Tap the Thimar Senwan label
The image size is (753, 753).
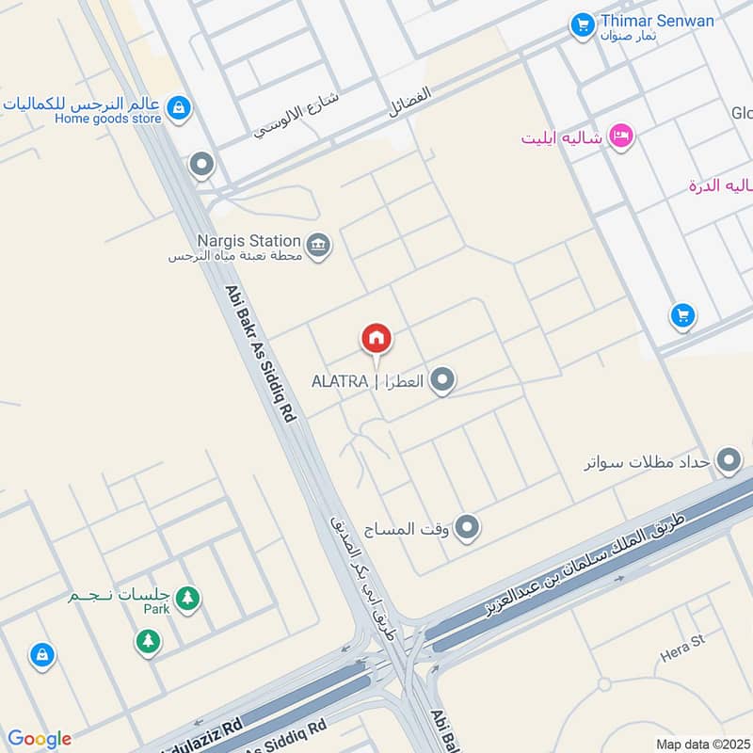[x=657, y=21]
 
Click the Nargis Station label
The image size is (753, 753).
[x=248, y=241]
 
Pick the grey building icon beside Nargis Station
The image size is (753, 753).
[x=319, y=247]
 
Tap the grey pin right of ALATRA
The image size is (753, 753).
[x=443, y=381]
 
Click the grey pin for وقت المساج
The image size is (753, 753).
[x=467, y=528]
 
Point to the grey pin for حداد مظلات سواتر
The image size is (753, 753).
[x=729, y=461]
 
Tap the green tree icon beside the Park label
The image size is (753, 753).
[x=188, y=597]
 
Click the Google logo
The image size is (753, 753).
[x=39, y=739]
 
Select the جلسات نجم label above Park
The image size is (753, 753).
[x=118, y=597]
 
